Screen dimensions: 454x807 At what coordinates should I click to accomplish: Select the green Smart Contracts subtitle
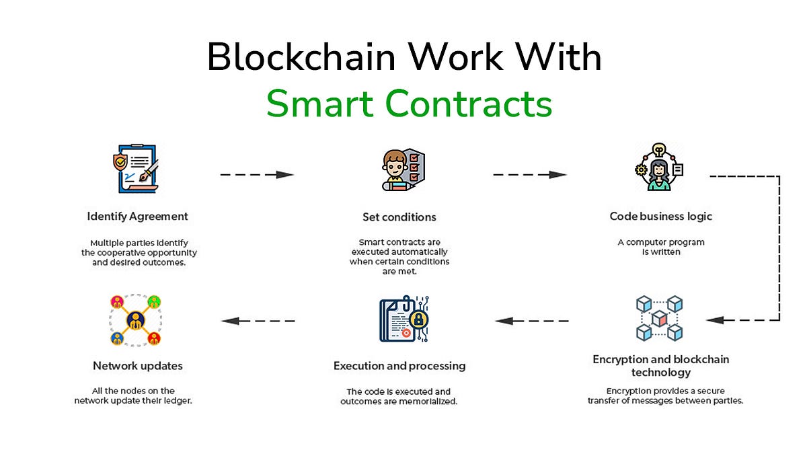pyautogui.click(x=409, y=104)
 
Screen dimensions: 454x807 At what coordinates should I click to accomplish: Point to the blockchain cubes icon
pyautogui.click(x=660, y=317)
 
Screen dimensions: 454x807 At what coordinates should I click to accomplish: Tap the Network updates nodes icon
pyautogui.click(x=135, y=319)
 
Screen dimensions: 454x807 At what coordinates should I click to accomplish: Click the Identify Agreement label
pyautogui.click(x=138, y=217)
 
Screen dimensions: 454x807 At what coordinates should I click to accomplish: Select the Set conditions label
pyautogui.click(x=399, y=217)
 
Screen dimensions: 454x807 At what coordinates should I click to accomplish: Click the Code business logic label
pyautogui.click(x=660, y=217)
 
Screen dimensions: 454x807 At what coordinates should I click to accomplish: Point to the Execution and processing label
pyautogui.click(x=399, y=367)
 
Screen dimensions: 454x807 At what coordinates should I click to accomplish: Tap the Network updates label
pyautogui.click(x=138, y=367)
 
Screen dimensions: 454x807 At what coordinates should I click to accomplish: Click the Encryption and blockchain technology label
pyautogui.click(x=660, y=365)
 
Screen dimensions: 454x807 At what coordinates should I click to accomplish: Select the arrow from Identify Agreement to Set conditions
pyautogui.click(x=258, y=174)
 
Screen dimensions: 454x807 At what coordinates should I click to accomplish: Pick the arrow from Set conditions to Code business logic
pyautogui.click(x=530, y=174)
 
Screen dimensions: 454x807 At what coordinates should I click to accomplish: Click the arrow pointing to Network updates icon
pyautogui.click(x=258, y=321)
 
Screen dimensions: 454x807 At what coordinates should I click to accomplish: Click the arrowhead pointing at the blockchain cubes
pyautogui.click(x=715, y=321)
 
